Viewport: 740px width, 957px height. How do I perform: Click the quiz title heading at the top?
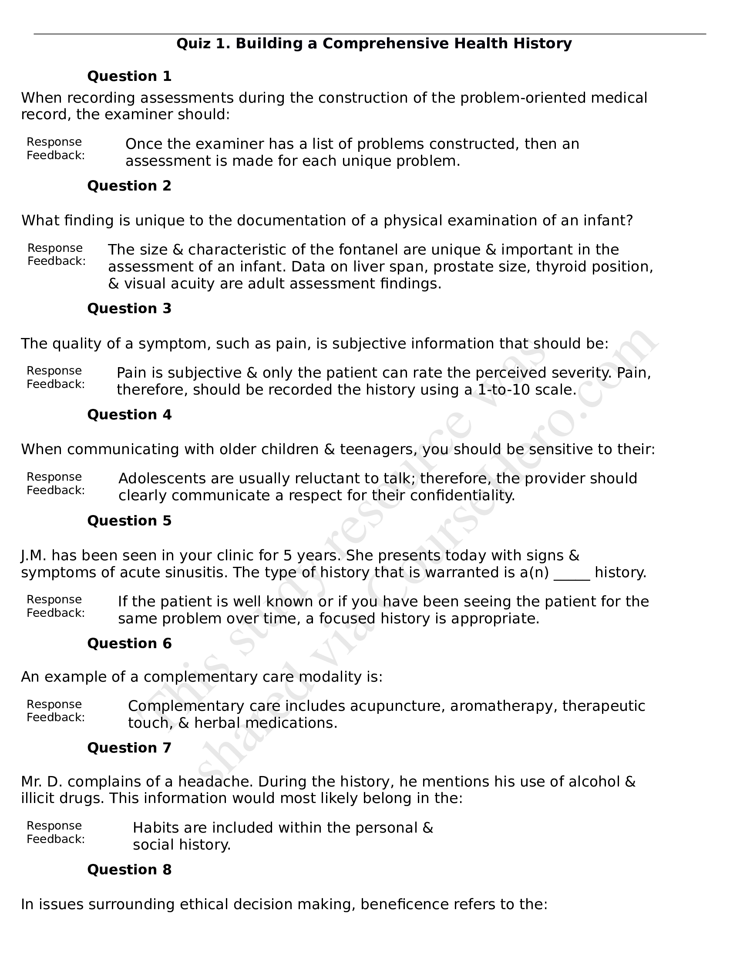(374, 43)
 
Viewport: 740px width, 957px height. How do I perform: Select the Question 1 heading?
(129, 76)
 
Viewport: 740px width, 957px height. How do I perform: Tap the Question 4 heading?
(129, 415)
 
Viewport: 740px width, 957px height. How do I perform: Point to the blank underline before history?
(572, 573)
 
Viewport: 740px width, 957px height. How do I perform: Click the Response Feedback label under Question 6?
(55, 711)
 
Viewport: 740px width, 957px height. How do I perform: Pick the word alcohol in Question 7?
(594, 782)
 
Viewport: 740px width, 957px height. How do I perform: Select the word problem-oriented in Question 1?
(522, 98)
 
